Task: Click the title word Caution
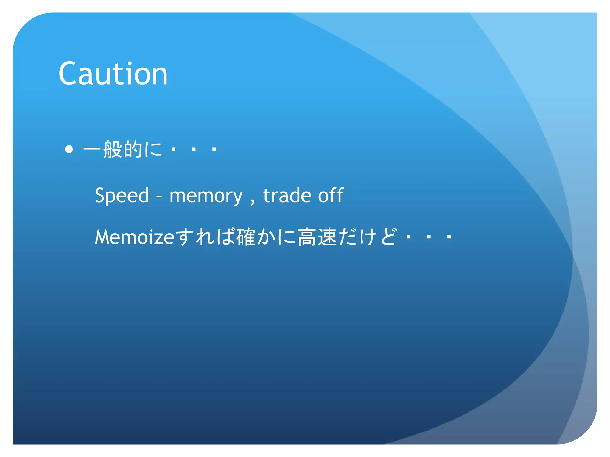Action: (x=113, y=74)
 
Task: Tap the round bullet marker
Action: (x=69, y=149)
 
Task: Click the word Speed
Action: (x=122, y=196)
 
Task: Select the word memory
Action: (x=206, y=196)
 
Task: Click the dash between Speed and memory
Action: (x=159, y=197)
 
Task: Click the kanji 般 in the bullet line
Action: (x=112, y=149)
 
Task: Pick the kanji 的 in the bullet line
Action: (x=133, y=149)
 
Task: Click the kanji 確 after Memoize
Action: (x=246, y=237)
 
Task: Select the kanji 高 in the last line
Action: (x=307, y=237)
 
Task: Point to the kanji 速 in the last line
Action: (x=327, y=237)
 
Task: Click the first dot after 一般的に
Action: (x=173, y=149)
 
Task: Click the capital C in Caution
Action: (x=68, y=74)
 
